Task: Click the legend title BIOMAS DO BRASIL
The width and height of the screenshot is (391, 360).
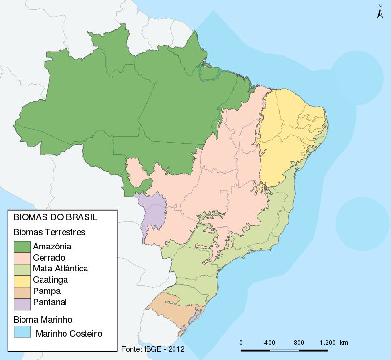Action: click(54, 217)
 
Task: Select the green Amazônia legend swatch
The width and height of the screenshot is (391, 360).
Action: click(22, 247)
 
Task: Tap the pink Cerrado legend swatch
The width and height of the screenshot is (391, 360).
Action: click(22, 258)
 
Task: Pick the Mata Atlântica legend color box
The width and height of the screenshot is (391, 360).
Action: click(22, 269)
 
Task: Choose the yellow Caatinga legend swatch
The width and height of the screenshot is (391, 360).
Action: click(22, 280)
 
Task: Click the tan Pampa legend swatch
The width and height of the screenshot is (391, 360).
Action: click(22, 292)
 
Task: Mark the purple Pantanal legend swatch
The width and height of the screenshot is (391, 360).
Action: click(22, 303)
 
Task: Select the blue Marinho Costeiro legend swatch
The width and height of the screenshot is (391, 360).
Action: click(22, 333)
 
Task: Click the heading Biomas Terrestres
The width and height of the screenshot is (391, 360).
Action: click(49, 232)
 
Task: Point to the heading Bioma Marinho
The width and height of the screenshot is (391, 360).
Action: click(43, 320)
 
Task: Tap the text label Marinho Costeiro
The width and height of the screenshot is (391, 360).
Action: click(68, 334)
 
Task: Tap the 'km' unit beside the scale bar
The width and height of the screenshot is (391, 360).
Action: click(344, 343)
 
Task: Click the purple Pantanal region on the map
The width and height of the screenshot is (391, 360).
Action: click(152, 210)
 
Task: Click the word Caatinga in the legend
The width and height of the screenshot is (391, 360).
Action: click(50, 280)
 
